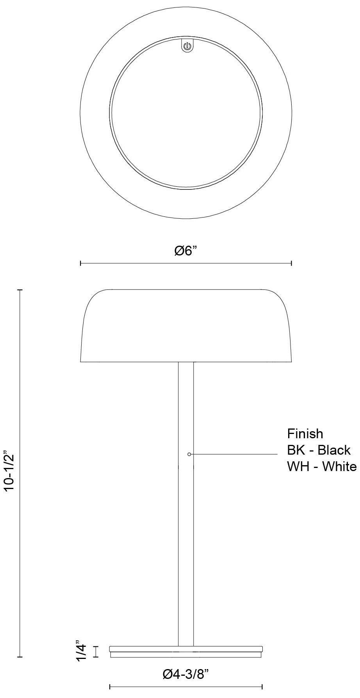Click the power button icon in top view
point(187,47)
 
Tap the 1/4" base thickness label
point(81,651)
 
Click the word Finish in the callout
point(305,434)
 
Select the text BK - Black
point(319,450)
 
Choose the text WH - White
point(322,466)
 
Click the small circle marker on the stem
point(189,454)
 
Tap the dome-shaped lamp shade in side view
point(186,326)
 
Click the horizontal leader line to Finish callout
point(234,454)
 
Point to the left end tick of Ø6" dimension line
point(80,264)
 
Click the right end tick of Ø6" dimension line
point(291,264)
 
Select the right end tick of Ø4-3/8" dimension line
point(262,687)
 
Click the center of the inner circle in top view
point(186,113)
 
